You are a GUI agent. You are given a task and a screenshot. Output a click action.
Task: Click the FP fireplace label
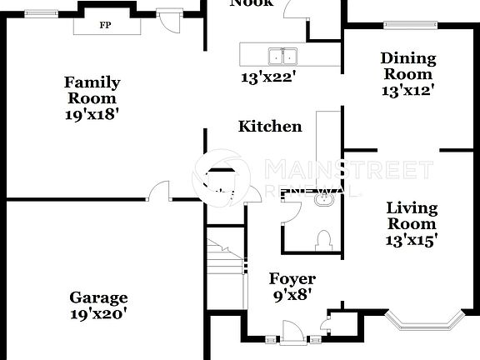click(x=105, y=25)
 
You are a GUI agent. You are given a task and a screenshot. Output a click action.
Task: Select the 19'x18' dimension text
click(x=92, y=115)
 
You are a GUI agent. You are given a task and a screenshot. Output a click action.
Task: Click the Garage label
click(x=98, y=297)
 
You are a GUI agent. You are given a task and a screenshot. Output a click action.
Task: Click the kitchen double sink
click(x=282, y=56)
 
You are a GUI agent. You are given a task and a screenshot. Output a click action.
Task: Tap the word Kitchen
click(x=270, y=127)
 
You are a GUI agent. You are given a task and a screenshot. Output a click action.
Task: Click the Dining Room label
click(x=408, y=66)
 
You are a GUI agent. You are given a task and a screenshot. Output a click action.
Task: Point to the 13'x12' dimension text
click(x=408, y=90)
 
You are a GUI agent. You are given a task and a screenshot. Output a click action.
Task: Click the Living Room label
click(x=412, y=216)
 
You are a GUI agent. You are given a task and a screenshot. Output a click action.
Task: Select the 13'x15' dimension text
click(x=412, y=240)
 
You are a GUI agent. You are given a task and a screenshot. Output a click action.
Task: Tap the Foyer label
click(x=292, y=278)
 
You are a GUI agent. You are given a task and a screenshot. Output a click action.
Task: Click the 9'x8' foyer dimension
click(x=292, y=294)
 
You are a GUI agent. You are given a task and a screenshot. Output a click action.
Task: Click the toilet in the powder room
click(x=325, y=240)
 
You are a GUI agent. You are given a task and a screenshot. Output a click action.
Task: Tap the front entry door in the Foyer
click(x=293, y=335)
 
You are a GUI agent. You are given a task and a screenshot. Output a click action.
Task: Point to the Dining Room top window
click(x=410, y=25)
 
